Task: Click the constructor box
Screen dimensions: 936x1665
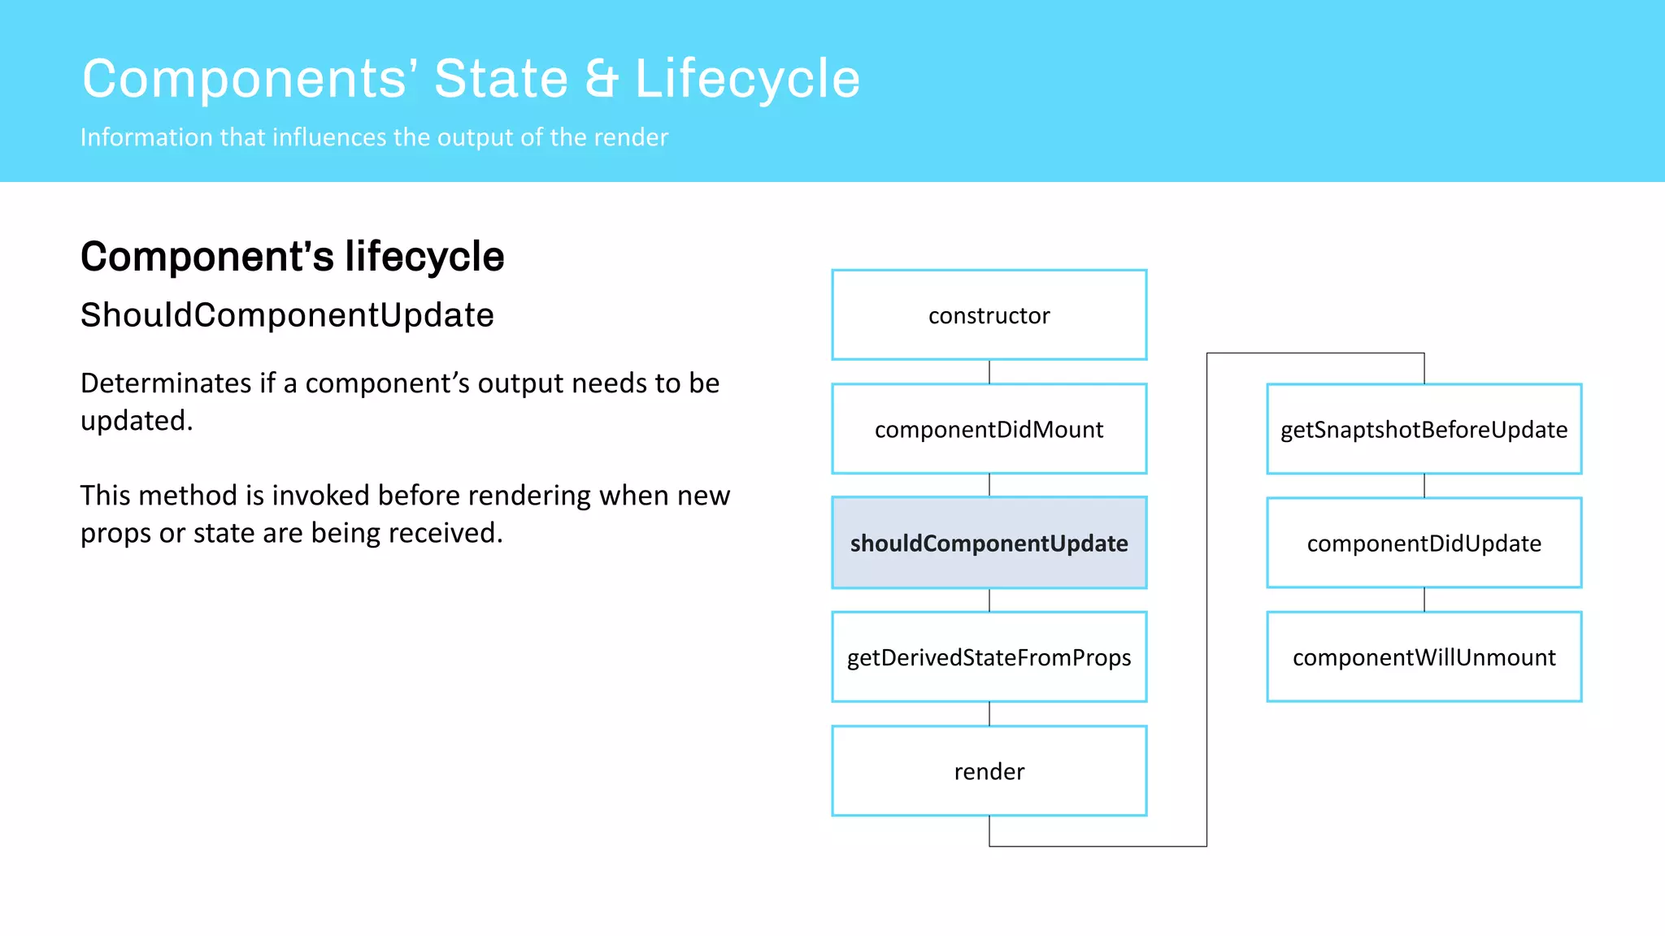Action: [x=989, y=315]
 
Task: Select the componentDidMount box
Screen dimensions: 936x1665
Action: [x=989, y=429]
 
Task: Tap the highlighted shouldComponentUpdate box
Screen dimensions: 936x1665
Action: [x=989, y=543]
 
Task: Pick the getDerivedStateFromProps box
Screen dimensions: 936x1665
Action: [x=989, y=656]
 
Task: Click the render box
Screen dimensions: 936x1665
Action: [x=989, y=770]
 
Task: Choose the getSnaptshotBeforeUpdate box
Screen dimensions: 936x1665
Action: [x=1424, y=429]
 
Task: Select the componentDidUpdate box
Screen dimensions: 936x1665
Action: [x=1424, y=543]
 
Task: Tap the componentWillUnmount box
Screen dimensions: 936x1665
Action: [x=1424, y=656]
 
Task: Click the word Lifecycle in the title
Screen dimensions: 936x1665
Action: [x=746, y=80]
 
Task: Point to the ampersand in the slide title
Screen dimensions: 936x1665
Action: [x=601, y=80]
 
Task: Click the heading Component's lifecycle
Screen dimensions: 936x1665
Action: [x=292, y=257]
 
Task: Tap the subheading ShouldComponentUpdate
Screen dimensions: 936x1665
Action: [x=287, y=315]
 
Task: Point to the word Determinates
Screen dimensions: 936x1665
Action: [x=166, y=383]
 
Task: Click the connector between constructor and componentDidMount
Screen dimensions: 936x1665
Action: [x=989, y=372]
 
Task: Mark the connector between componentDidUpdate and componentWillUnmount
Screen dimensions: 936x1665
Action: [x=1424, y=600]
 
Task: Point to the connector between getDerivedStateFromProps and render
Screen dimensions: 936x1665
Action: [x=989, y=713]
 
